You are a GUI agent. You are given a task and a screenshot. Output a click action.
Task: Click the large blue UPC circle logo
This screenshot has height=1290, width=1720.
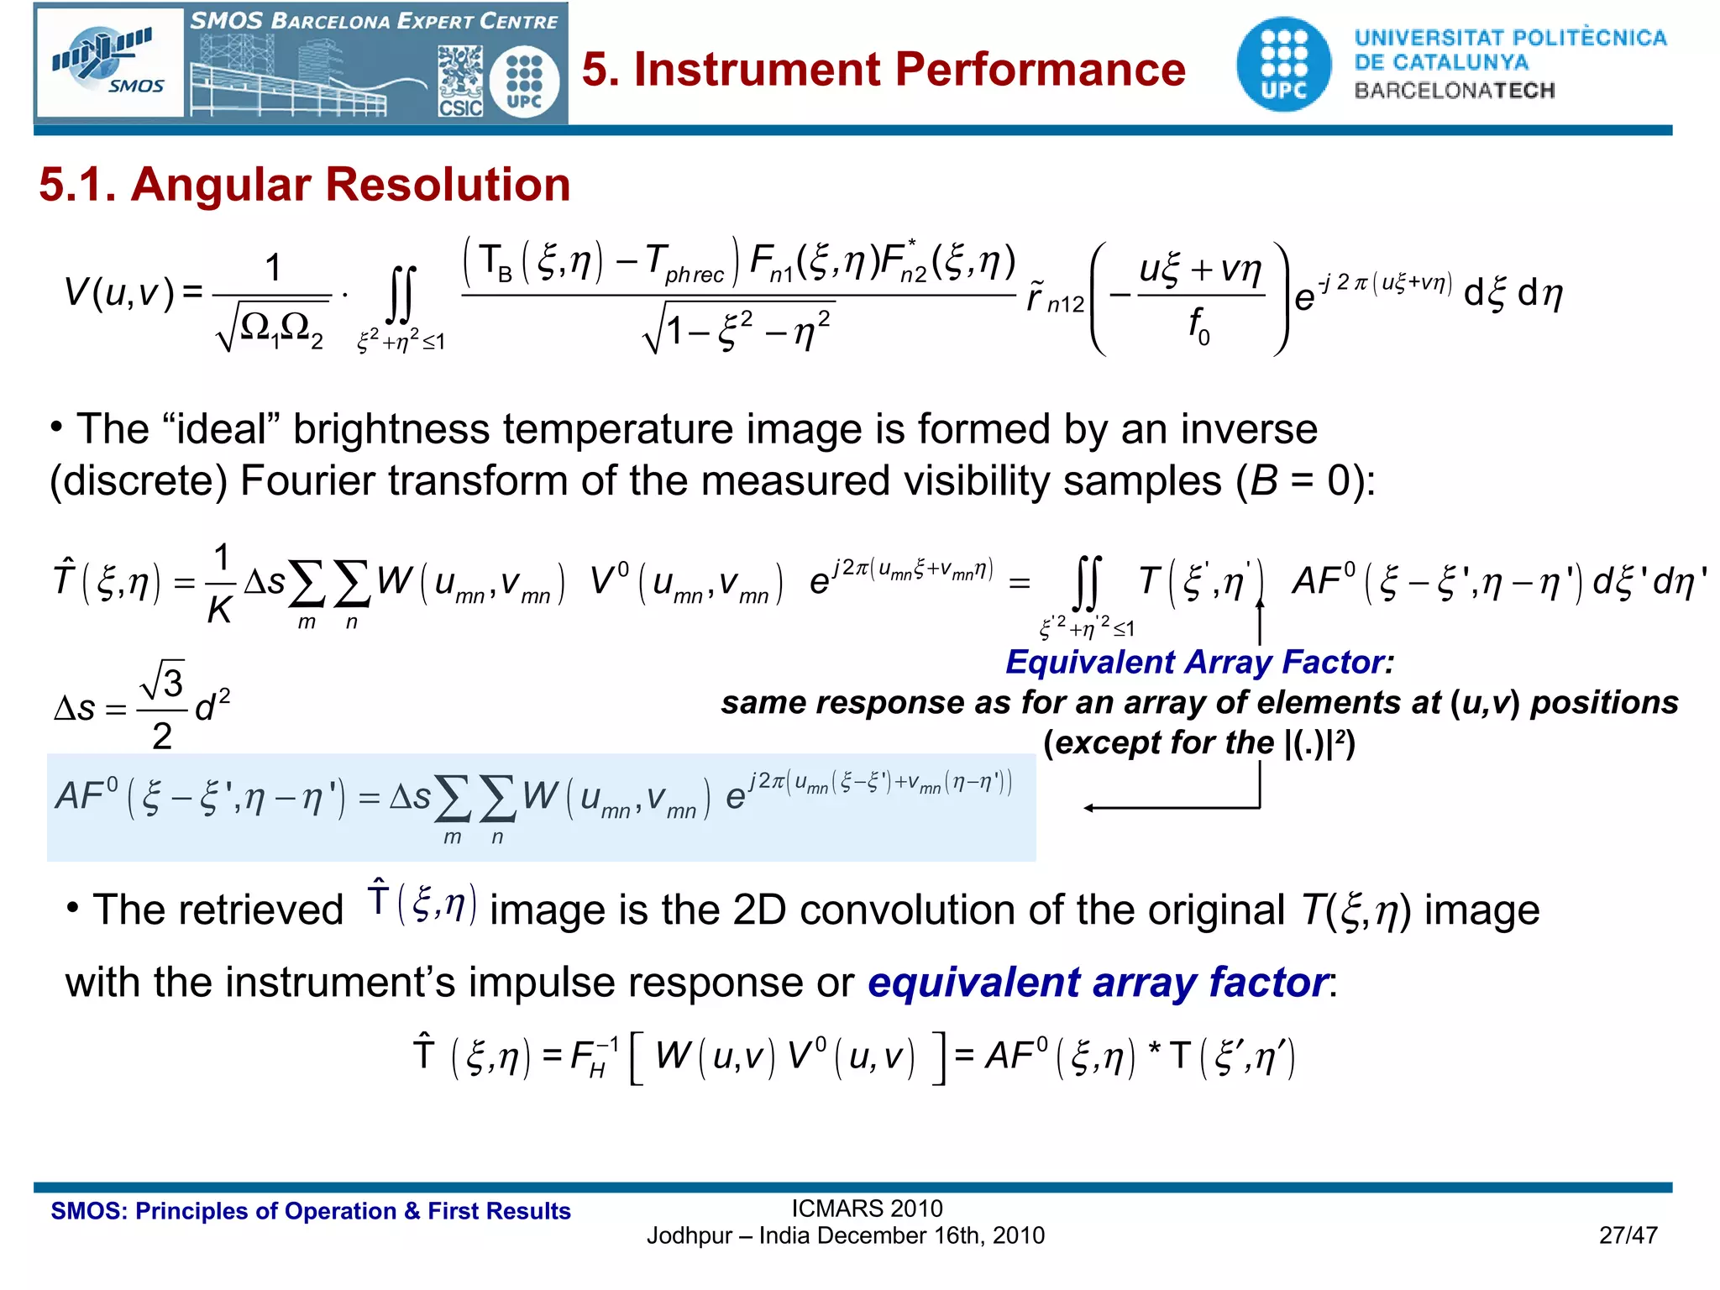pos(1283,65)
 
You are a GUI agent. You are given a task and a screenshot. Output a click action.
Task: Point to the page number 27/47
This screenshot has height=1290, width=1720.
pos(1628,1235)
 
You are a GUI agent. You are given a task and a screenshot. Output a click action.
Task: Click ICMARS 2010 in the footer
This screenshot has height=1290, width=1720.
pos(867,1209)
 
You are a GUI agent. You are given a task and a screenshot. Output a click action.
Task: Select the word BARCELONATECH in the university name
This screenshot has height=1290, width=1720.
pos(1455,91)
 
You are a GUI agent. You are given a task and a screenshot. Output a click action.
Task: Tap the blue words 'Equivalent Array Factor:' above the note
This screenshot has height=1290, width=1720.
pos(1199,663)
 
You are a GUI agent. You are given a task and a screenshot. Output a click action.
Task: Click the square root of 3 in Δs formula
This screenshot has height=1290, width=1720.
pos(163,680)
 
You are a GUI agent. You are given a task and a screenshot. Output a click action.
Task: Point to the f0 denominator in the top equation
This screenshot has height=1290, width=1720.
pos(1198,325)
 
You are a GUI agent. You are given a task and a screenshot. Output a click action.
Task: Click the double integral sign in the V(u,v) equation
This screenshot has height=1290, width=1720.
pos(401,295)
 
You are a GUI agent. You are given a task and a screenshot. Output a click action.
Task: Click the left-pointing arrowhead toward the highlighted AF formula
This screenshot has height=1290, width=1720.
pos(1089,808)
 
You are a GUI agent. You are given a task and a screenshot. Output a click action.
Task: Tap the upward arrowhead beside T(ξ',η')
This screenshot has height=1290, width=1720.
pos(1260,604)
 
